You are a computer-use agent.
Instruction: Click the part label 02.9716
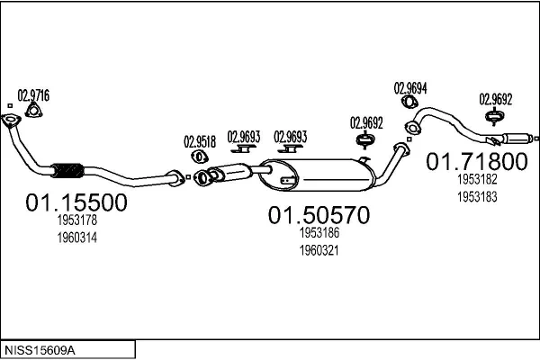coord(34,94)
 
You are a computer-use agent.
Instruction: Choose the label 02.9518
coord(200,141)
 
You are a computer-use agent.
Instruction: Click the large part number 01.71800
coord(475,162)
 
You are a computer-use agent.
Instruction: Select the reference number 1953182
coord(475,180)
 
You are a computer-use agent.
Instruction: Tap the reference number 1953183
coord(475,195)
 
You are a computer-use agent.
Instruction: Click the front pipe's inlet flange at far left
coord(10,122)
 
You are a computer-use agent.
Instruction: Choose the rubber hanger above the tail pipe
coord(493,117)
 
